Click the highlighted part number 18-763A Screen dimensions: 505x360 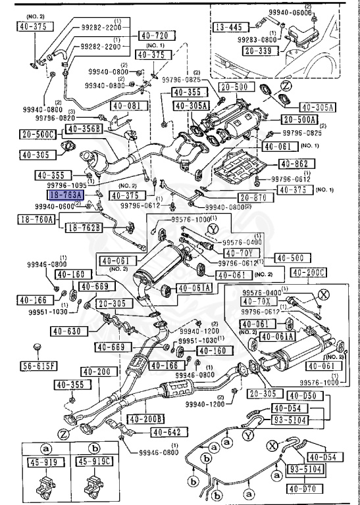[66, 195]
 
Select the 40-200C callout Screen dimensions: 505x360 [308, 272]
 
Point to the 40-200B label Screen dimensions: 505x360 [147, 419]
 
